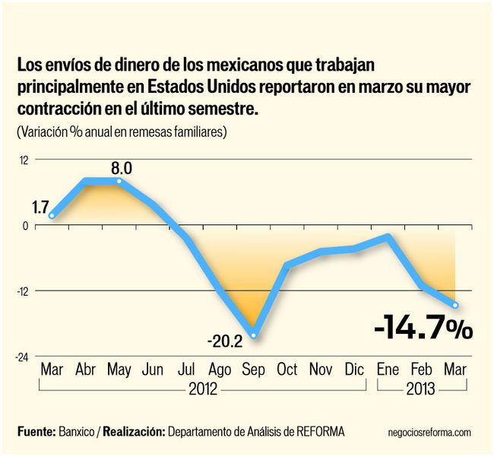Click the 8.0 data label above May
click(x=122, y=168)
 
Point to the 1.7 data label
click(x=40, y=205)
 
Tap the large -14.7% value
click(x=423, y=328)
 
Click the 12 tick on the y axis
click(x=24, y=160)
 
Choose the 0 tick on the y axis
click(x=25, y=225)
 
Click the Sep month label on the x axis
click(x=253, y=370)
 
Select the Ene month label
click(x=388, y=370)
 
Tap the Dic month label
click(x=354, y=370)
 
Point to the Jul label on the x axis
click(x=186, y=370)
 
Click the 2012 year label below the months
click(x=202, y=389)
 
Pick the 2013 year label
click(x=420, y=389)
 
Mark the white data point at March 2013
click(x=455, y=305)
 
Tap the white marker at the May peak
click(x=119, y=181)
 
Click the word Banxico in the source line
click(x=76, y=432)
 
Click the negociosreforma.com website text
click(x=429, y=432)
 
